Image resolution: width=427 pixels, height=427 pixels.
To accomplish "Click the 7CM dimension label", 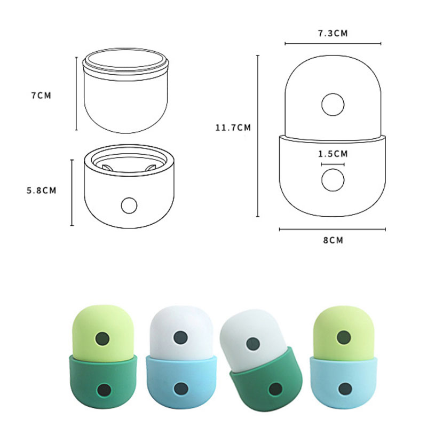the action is click(41, 96).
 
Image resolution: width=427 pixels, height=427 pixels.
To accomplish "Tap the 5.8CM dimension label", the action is click(42, 191).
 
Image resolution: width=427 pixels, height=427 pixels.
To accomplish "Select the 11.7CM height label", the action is click(233, 128).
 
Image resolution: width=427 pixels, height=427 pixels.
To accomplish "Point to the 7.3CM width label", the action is click(333, 33).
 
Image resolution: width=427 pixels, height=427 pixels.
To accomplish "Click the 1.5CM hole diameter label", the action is click(333, 154).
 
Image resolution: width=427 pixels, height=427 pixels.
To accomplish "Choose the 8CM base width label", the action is click(333, 240).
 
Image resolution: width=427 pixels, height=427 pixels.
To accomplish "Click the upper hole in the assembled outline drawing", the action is click(333, 105).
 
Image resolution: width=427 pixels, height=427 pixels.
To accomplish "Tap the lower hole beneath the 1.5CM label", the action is click(333, 180).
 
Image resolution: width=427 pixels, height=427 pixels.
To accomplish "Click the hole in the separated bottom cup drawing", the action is click(129, 205).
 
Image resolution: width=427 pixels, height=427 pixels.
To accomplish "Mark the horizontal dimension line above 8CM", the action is click(333, 230).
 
